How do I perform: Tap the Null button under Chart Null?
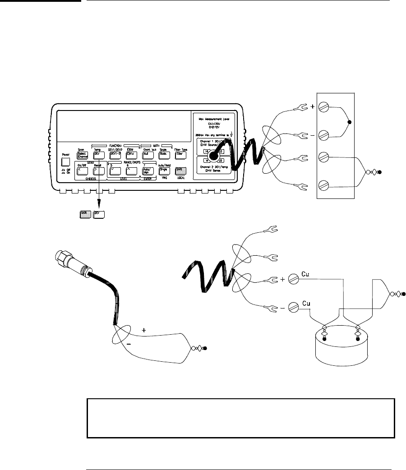click(146, 155)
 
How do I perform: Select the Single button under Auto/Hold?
click(163, 170)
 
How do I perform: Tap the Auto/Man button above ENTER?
click(146, 171)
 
